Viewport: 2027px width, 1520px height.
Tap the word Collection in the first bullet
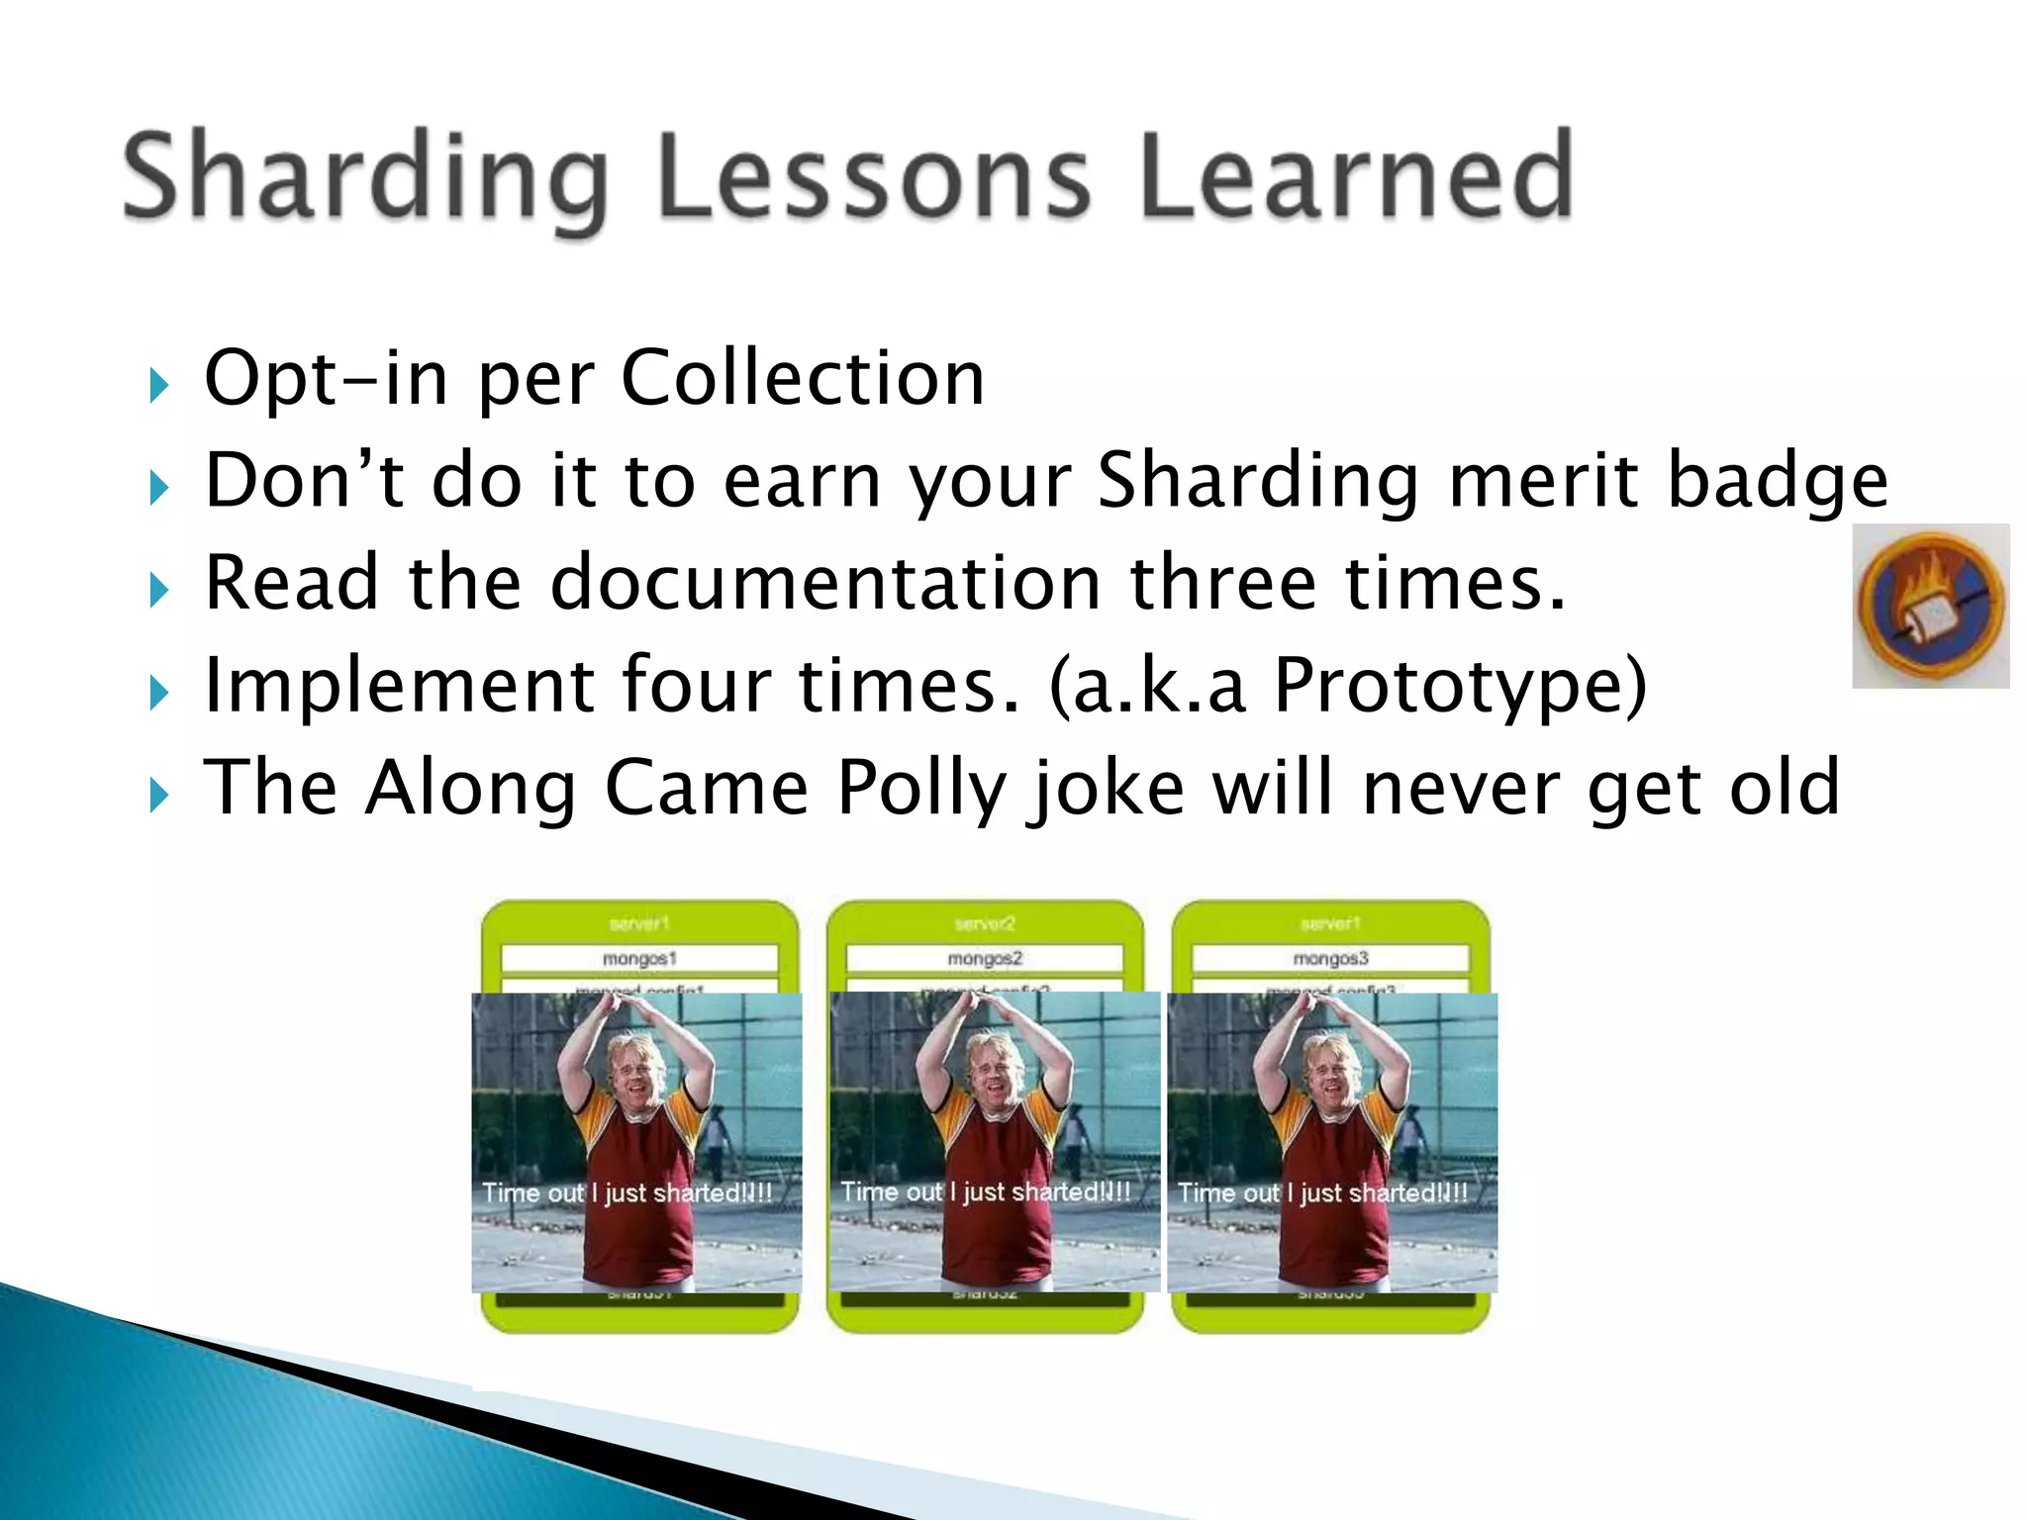tap(802, 378)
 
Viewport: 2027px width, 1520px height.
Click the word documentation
tap(825, 583)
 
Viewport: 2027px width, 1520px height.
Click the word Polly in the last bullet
tap(920, 788)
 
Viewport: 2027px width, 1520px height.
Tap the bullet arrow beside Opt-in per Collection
tap(158, 385)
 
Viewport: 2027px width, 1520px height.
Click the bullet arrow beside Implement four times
tap(158, 692)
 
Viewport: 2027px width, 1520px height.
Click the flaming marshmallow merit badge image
tap(1930, 606)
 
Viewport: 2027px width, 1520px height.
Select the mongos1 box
tap(639, 959)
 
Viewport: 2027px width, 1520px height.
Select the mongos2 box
tap(985, 959)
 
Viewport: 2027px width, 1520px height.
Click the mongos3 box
tap(1330, 959)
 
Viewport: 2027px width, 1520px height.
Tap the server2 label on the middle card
tap(985, 923)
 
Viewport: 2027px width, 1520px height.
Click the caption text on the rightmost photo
tap(1322, 1193)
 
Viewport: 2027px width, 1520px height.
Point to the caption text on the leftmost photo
tap(627, 1193)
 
